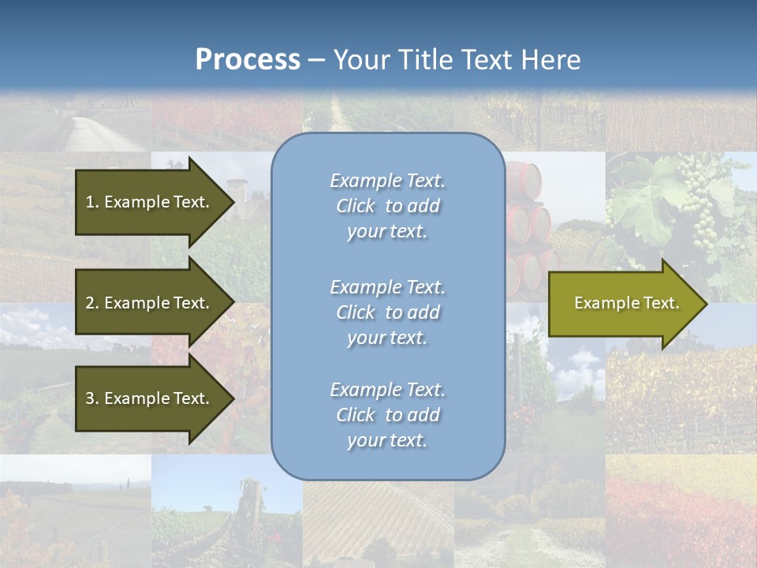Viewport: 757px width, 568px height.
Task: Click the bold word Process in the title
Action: point(248,60)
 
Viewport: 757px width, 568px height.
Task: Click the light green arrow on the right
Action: point(623,303)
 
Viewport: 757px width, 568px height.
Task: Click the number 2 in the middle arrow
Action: point(90,303)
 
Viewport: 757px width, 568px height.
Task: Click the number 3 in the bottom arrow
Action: point(90,398)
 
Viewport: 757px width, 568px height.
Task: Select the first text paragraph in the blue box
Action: point(387,206)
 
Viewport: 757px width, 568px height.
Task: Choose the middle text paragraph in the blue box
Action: point(387,312)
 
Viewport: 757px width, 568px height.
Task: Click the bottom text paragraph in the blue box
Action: point(387,415)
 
